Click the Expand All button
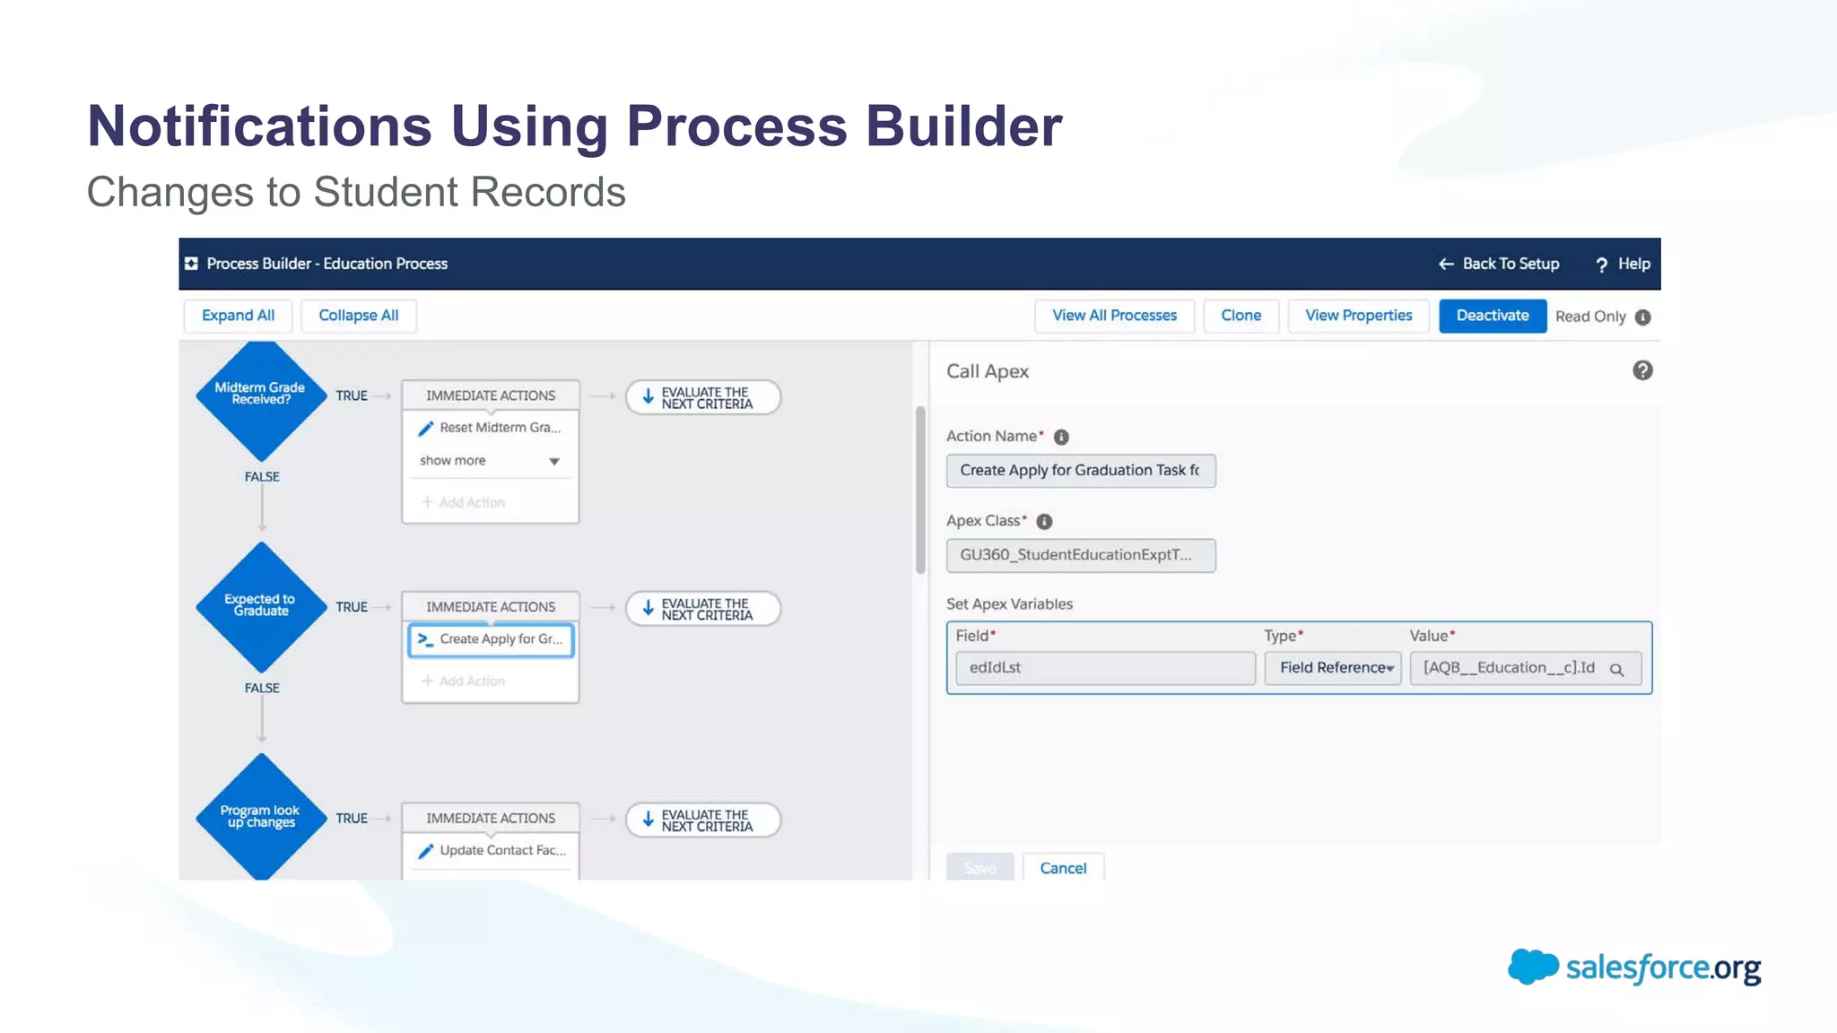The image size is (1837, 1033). coord(238,316)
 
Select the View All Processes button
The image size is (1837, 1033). coord(1114,316)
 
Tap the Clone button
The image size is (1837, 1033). coord(1241,316)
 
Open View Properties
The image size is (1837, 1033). coord(1358,316)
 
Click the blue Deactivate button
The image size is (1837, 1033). coord(1492,316)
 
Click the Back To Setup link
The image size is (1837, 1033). coord(1499,264)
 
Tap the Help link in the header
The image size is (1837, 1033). coord(1623,264)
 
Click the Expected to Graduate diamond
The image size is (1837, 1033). coord(260,606)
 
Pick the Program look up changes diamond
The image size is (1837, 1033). coord(260,817)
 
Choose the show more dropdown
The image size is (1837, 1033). coord(490,461)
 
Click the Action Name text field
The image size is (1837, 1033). coord(1080,471)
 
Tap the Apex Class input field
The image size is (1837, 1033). coord(1080,555)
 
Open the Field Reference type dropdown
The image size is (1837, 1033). coord(1333,668)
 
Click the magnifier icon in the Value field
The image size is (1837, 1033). coord(1616,669)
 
